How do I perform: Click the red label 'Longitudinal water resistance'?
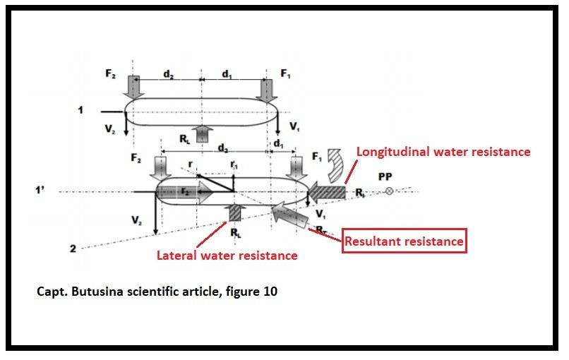coord(443,152)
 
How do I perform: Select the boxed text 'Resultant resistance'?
coord(404,241)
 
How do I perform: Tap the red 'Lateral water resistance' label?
coord(227,256)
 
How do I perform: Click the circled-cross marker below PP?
coord(388,191)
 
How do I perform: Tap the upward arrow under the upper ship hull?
coord(203,133)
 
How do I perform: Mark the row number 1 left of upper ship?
coord(81,110)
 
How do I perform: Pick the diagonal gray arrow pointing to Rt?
coord(292,215)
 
